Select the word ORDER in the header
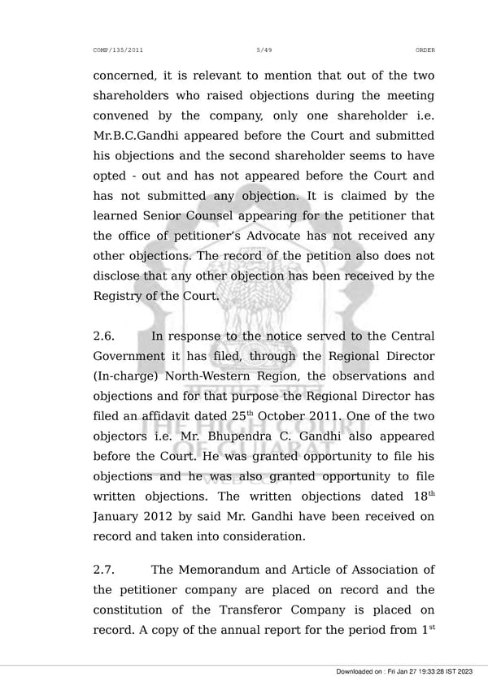pos(425,50)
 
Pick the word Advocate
pos(281,237)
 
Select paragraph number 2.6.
pos(106,336)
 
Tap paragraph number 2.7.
pos(106,570)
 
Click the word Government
pos(133,357)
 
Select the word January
pos(120,517)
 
